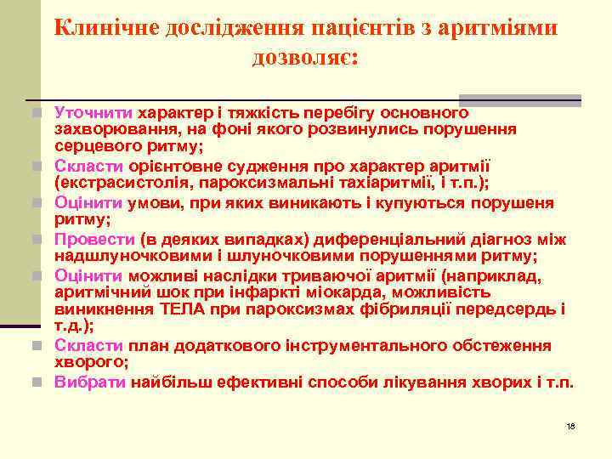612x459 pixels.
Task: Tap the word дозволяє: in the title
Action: tap(305, 59)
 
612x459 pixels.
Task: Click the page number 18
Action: tap(570, 425)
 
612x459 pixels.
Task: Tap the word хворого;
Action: tap(91, 362)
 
